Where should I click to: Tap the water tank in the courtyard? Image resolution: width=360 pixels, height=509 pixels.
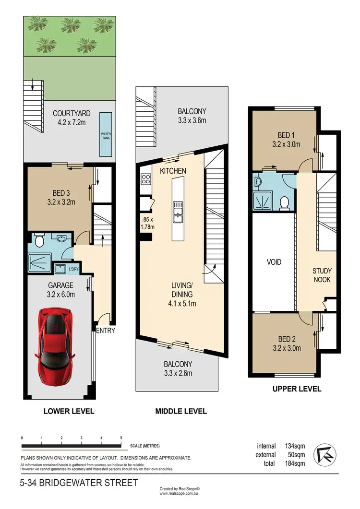(x=105, y=134)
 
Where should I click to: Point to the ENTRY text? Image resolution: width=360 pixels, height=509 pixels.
(x=106, y=331)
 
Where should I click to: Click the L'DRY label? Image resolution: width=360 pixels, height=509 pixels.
(x=73, y=269)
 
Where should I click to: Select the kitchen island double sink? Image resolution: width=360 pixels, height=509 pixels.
(x=178, y=212)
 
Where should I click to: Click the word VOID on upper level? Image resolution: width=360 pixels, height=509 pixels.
(x=274, y=262)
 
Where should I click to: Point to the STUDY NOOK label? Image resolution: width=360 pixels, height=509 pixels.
(x=321, y=275)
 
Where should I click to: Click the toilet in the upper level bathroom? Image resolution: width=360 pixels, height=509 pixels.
(x=284, y=203)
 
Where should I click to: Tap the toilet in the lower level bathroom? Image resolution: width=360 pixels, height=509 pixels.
(x=38, y=238)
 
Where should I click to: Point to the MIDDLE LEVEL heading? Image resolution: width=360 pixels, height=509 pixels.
(x=181, y=411)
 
